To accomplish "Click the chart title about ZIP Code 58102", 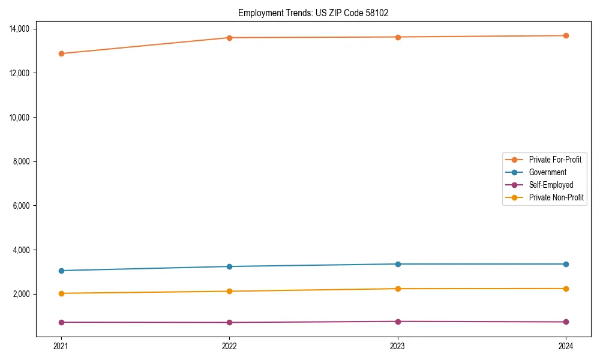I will (313, 13).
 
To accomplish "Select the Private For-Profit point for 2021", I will (61, 53).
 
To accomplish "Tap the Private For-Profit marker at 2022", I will (229, 38).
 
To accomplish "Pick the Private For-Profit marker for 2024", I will (566, 35).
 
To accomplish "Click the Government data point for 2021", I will (61, 271).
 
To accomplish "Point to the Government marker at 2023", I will (398, 264).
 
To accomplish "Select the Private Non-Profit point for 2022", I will (229, 292).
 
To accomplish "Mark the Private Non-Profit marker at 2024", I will (566, 289).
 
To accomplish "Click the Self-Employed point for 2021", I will (61, 322).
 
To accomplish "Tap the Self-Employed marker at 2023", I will (398, 322).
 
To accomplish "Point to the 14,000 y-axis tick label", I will (23, 29).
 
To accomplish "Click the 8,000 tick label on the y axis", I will (25, 161).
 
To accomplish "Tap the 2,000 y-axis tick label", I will (25, 294).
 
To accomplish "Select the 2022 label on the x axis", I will (229, 346).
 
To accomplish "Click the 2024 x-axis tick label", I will (566, 346).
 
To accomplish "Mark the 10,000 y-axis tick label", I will (23, 117).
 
